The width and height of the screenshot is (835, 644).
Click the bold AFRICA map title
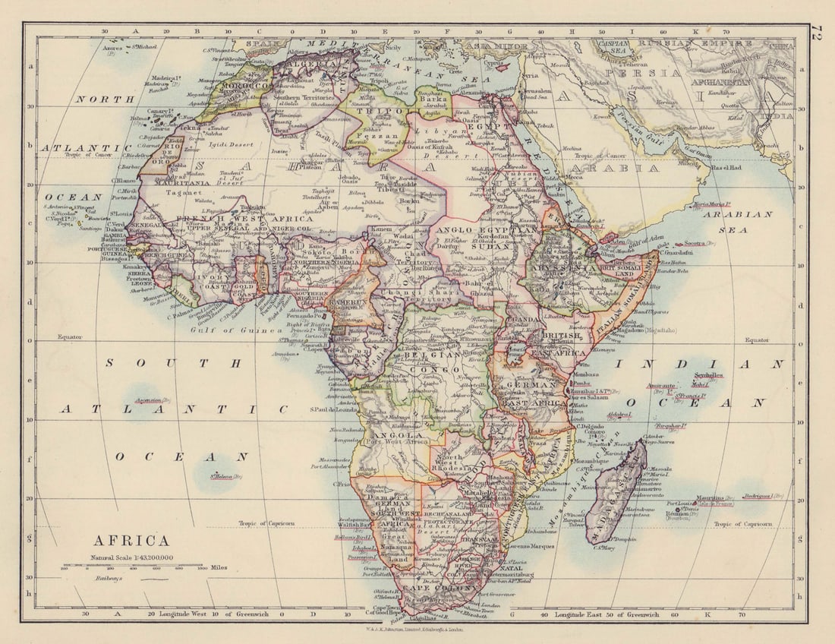131,541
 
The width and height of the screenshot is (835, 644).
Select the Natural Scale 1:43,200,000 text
132,557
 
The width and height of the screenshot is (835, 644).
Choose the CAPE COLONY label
430,588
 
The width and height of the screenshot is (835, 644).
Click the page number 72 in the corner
818,34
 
